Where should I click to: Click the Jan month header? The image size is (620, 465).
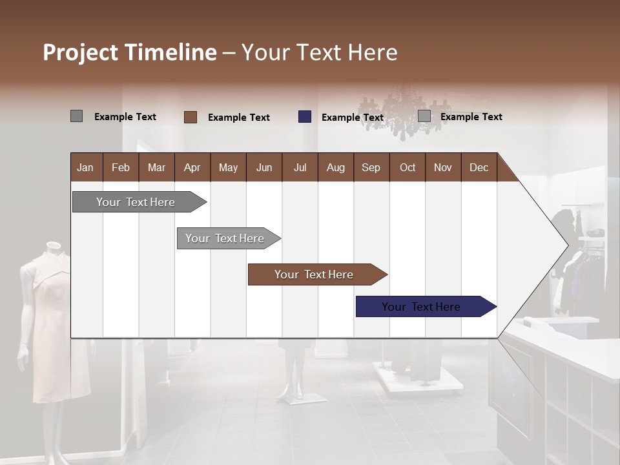click(x=85, y=167)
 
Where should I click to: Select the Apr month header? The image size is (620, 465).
click(x=192, y=167)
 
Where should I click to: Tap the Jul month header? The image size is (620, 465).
click(x=300, y=167)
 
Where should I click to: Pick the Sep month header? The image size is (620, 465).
click(x=371, y=167)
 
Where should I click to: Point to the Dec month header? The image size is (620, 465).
click(x=479, y=167)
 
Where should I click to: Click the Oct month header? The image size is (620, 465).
click(x=408, y=167)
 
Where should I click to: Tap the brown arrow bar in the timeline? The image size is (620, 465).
click(x=315, y=274)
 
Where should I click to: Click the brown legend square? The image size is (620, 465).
click(x=191, y=117)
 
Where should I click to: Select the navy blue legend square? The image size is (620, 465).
click(x=305, y=117)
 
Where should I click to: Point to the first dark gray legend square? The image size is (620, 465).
click(x=77, y=116)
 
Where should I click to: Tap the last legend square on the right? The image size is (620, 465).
click(x=424, y=116)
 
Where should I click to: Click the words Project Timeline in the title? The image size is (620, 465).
click(x=129, y=52)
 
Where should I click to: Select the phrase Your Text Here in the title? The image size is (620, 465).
click(x=319, y=52)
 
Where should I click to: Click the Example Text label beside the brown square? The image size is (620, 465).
click(x=239, y=118)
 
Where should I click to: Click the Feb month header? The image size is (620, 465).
click(x=121, y=167)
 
